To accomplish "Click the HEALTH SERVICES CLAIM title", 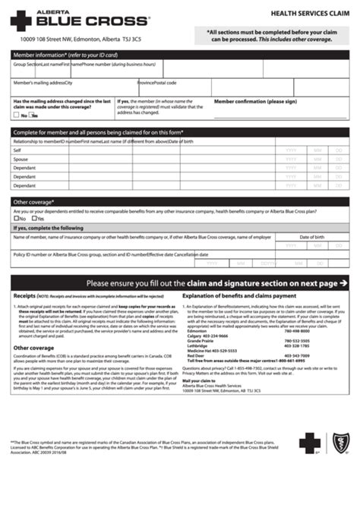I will click(307, 14).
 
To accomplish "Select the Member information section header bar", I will click(180, 55).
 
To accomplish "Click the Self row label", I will click(17, 151).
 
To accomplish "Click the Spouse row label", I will click(21, 160).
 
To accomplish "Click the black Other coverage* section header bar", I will click(180, 203).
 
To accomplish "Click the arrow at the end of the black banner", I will click(344, 282).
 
